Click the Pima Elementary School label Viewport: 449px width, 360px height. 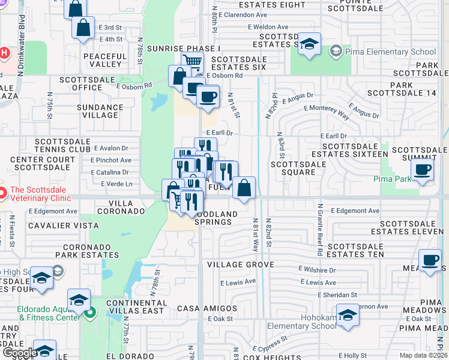390,52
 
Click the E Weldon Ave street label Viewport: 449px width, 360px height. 267,27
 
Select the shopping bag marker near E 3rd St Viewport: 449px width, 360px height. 83,28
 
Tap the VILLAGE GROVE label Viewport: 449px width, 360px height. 240,265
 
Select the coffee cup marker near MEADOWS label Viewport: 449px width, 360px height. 430,260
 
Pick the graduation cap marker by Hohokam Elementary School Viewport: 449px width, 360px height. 348,315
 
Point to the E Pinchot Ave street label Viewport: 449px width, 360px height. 111,160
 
